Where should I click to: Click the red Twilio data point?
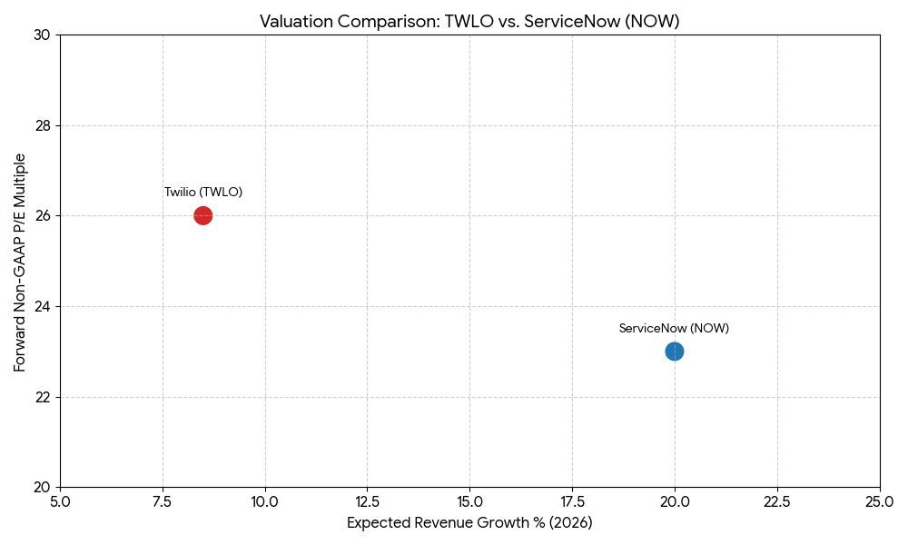click(203, 215)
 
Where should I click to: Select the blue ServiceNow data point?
click(674, 352)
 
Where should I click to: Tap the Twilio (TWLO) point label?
click(203, 193)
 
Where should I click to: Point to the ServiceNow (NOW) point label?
click(674, 329)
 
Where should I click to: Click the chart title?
click(469, 21)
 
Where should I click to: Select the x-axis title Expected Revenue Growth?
click(469, 523)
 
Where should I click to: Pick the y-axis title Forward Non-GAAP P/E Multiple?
click(20, 262)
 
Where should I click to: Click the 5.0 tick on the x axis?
click(61, 501)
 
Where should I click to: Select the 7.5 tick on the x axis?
click(163, 501)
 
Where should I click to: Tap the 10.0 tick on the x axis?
click(265, 501)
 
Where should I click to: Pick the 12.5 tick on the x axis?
click(368, 501)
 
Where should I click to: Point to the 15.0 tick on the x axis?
click(470, 501)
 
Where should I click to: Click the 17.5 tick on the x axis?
click(573, 501)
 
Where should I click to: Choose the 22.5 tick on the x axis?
click(777, 501)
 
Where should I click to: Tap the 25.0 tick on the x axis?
click(880, 501)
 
